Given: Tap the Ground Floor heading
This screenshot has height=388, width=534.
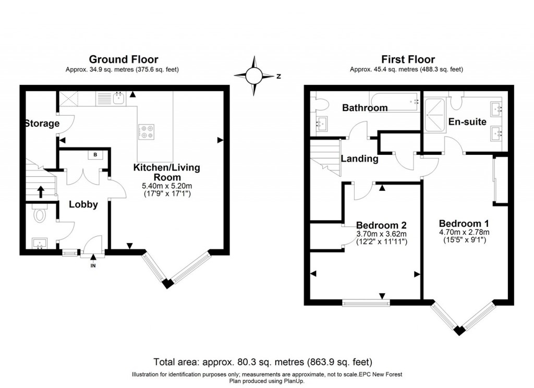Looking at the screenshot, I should coord(124,59).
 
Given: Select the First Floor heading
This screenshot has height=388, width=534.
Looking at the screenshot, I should coord(408,59).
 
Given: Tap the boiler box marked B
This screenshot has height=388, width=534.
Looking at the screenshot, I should coord(95,155).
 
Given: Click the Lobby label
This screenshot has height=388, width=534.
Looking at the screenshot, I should coord(83,204).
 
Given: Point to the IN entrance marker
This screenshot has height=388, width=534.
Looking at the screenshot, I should coord(93,265).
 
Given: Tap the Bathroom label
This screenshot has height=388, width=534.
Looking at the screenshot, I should coord(365,108).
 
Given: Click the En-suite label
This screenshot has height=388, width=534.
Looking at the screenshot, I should coord(467,122).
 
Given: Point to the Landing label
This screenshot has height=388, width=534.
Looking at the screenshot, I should coord(359,159).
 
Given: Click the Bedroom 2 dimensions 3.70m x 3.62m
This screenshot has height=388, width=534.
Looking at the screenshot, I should coord(381,234).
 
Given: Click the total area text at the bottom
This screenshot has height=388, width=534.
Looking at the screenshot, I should coord(263,361).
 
